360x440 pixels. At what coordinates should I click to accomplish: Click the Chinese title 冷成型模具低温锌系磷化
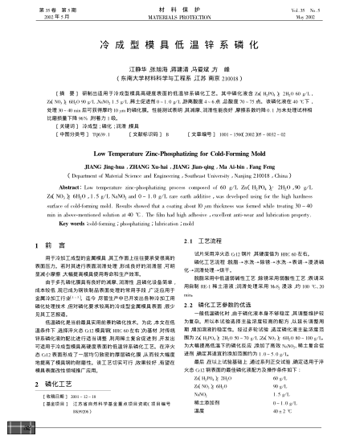coord(179,48)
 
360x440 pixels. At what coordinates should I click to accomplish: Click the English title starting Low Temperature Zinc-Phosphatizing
coord(179,151)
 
